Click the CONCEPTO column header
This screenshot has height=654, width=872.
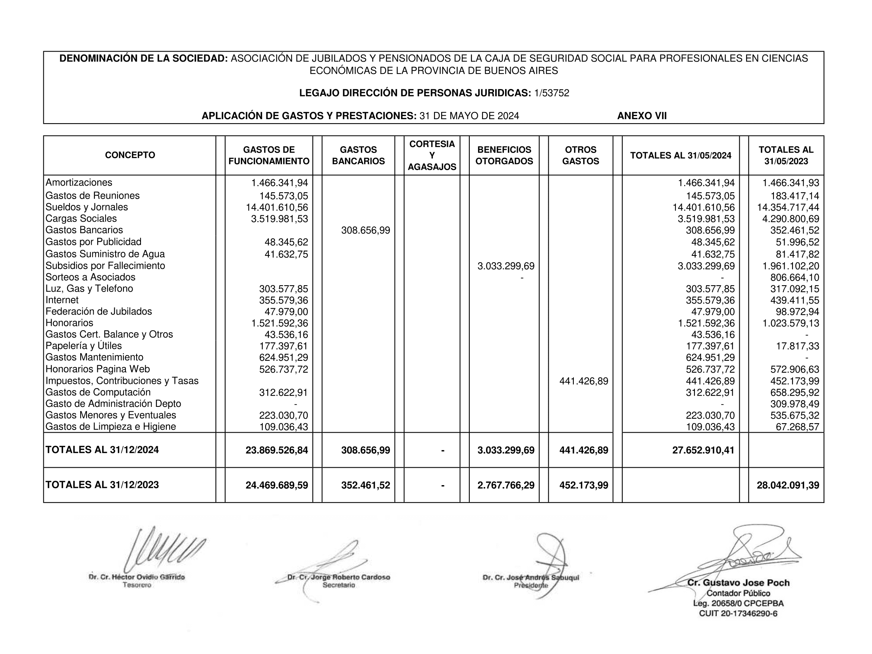(130, 155)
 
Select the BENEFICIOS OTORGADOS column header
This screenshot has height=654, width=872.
(504, 155)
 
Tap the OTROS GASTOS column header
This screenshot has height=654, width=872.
(581, 155)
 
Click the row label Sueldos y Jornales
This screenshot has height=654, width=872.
(87, 207)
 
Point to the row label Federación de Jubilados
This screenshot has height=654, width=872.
(98, 311)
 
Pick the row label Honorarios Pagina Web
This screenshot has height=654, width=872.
(98, 369)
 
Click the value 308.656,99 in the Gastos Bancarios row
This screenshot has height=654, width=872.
(365, 230)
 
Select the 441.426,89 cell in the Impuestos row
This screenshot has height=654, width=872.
(583, 381)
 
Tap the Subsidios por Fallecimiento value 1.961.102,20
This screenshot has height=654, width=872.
(791, 266)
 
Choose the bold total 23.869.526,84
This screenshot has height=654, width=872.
(277, 450)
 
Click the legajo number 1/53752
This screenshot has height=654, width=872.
(552, 93)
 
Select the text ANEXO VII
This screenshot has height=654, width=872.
(642, 116)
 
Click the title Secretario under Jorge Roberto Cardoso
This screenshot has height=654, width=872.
(339, 585)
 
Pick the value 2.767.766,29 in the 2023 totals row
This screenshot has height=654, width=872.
(506, 485)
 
